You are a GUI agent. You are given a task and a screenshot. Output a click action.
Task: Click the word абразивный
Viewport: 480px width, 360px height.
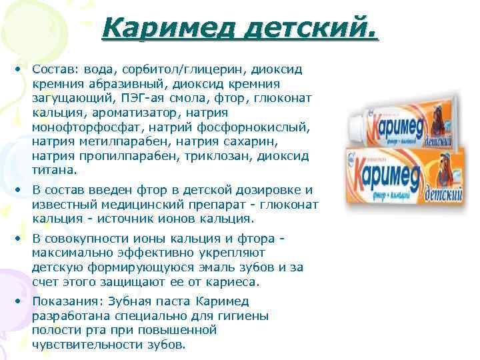[124, 84]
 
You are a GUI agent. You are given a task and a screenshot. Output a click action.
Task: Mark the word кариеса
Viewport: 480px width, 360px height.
[235, 282]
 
